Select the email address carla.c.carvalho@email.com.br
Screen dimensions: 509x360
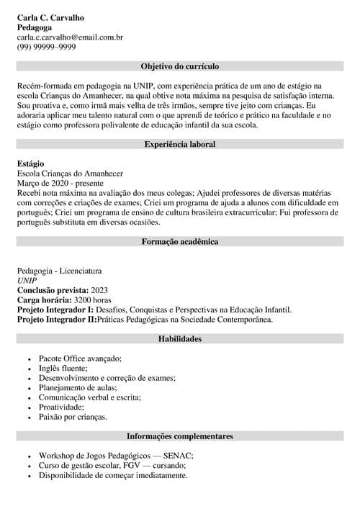70,37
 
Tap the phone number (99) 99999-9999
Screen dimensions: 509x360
46,48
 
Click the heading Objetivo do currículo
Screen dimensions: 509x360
180,66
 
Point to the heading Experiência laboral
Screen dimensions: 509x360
180,144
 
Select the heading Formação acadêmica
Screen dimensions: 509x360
180,242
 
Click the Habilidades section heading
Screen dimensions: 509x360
180,338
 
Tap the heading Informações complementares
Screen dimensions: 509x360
180,436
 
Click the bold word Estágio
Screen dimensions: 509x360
31,164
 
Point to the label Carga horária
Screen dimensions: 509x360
43,300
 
